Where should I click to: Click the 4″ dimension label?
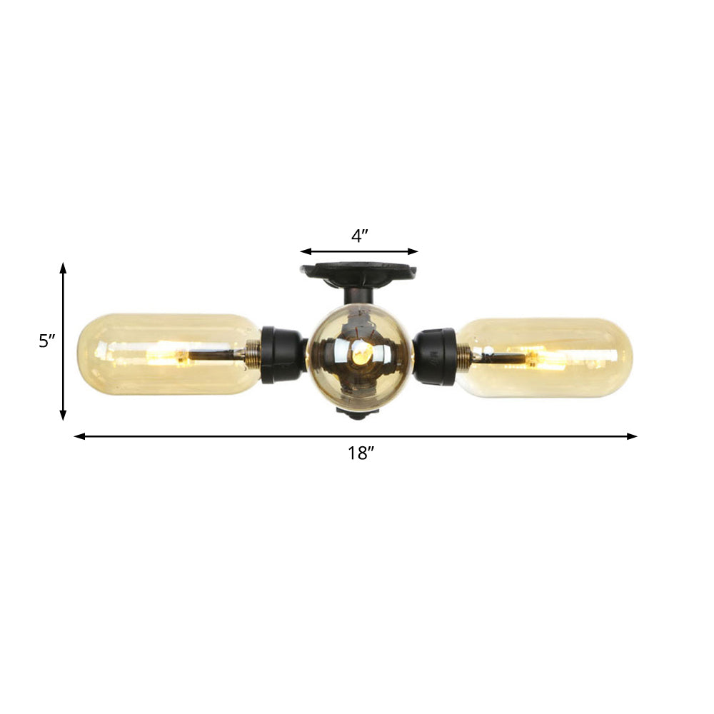359,236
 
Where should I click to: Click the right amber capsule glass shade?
571,358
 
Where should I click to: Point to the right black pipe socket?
436,356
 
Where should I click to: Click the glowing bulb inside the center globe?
361,351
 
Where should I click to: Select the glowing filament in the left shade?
170,353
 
